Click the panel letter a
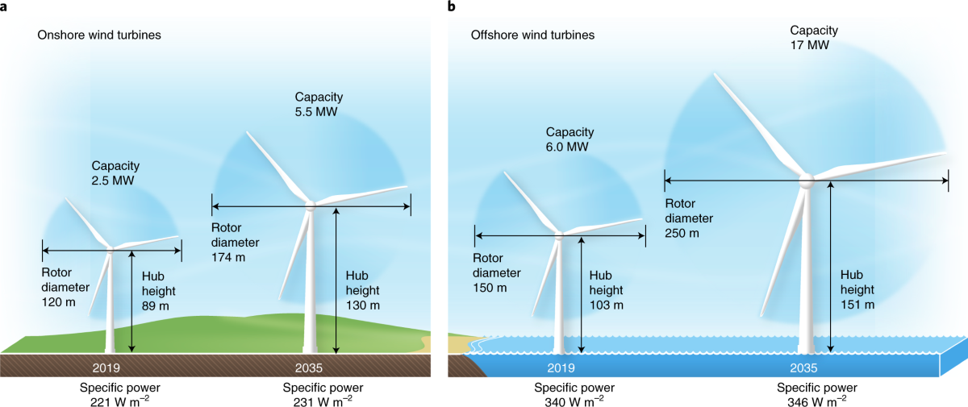6,7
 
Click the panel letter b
452,7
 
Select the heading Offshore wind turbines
532,35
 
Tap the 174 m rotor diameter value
228,257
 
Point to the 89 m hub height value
157,305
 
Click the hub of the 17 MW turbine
805,181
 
